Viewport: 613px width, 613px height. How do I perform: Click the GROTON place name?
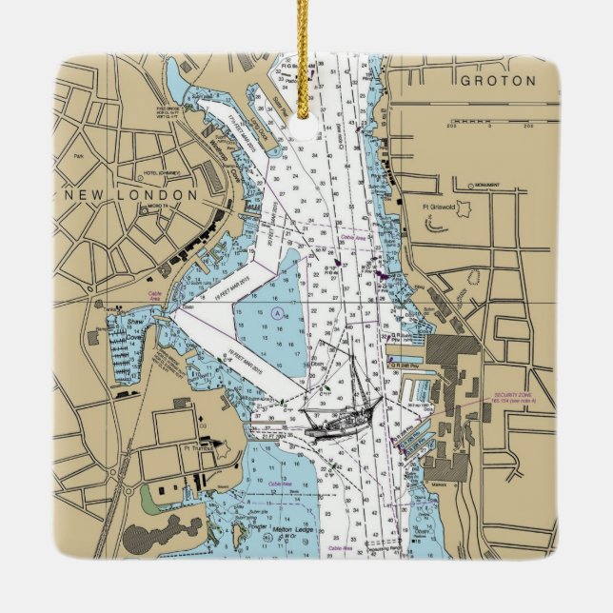tap(498, 82)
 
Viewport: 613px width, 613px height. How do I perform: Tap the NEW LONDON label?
tap(130, 194)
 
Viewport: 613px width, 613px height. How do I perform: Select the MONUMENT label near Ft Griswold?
tap(487, 186)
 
